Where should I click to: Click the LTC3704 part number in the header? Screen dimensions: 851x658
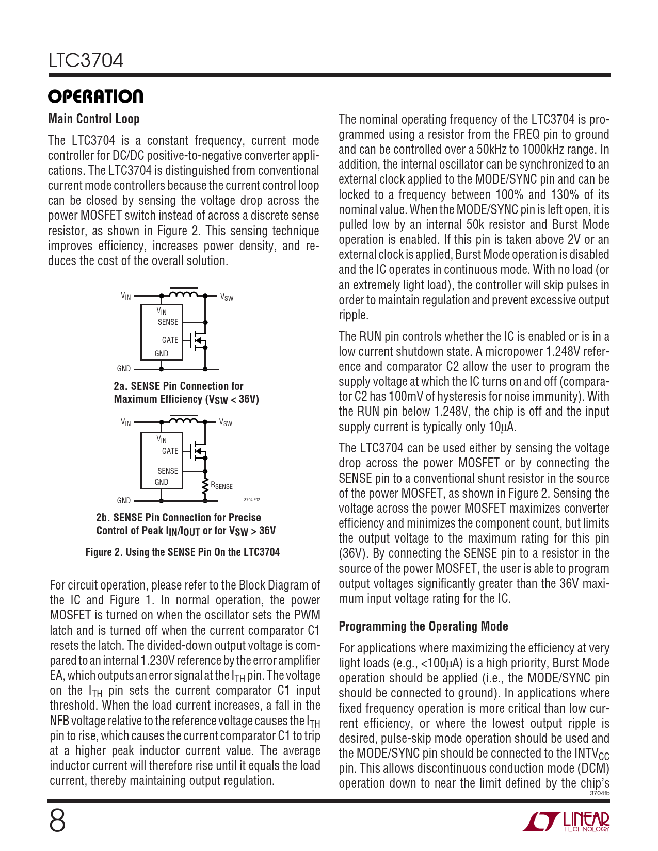[86, 61]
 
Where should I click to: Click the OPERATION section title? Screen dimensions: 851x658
[95, 96]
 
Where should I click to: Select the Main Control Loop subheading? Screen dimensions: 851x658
[93, 119]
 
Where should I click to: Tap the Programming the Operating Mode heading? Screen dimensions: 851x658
[423, 626]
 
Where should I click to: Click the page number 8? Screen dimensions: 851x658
[57, 821]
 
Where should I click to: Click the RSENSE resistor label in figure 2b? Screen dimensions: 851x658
[222, 486]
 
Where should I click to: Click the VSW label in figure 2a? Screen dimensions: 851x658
[227, 298]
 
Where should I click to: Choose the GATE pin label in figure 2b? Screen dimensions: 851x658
[170, 451]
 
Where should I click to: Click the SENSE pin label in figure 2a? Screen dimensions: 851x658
[168, 322]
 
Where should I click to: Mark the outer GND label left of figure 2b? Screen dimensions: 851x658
[124, 500]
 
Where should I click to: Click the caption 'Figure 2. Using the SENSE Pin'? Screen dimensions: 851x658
[183, 552]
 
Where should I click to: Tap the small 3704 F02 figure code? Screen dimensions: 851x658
[252, 500]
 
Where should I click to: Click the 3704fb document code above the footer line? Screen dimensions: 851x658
[599, 793]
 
